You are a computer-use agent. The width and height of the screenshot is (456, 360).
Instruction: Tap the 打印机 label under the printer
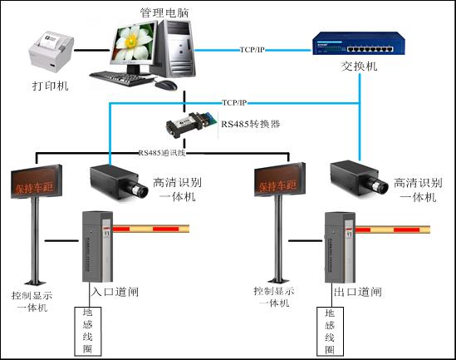pos(50,86)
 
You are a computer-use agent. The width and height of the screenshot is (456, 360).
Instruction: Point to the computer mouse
pos(167,84)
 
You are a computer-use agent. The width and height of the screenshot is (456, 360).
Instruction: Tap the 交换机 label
pos(359,67)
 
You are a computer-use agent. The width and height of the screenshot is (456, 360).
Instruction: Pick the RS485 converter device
pos(189,123)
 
